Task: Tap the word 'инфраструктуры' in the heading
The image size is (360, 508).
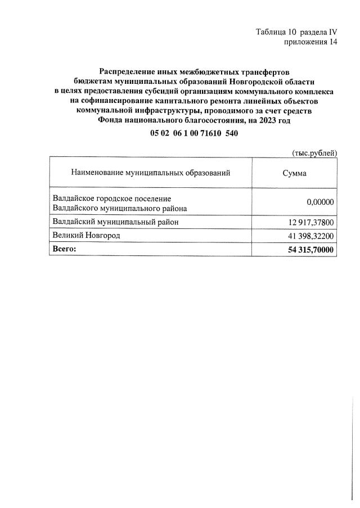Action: pyautogui.click(x=163, y=110)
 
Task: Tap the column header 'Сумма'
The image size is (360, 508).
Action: pyautogui.click(x=294, y=173)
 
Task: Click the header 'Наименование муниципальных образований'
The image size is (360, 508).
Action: pyautogui.click(x=151, y=173)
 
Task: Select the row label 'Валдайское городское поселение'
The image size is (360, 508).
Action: pyautogui.click(x=111, y=199)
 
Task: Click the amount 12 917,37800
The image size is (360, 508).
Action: pyautogui.click(x=311, y=223)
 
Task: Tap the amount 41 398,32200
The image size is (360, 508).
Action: pyautogui.click(x=311, y=235)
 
